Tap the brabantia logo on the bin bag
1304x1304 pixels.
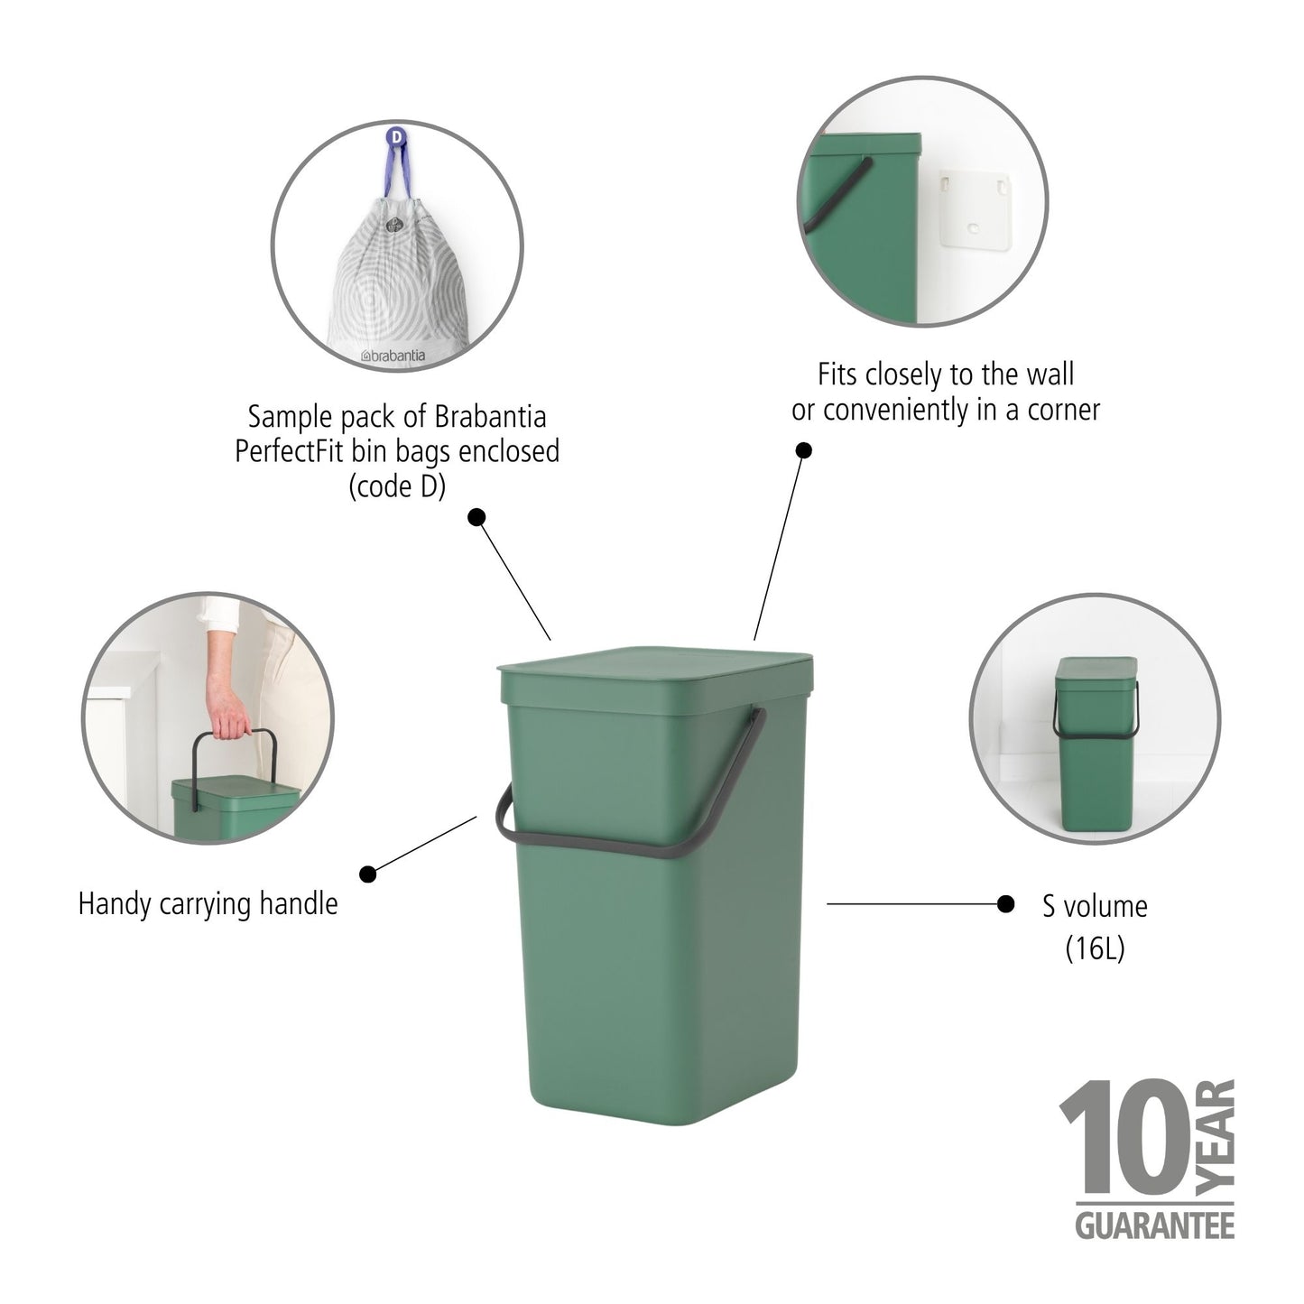[x=393, y=356]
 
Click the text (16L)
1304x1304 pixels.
[x=1095, y=948]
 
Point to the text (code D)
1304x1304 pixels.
[x=397, y=486]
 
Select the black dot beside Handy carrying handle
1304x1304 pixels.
[x=368, y=874]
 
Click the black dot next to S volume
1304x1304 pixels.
[x=1005, y=903]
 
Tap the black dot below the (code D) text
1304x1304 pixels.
[x=476, y=517]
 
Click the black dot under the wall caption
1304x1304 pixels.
[x=802, y=449]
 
